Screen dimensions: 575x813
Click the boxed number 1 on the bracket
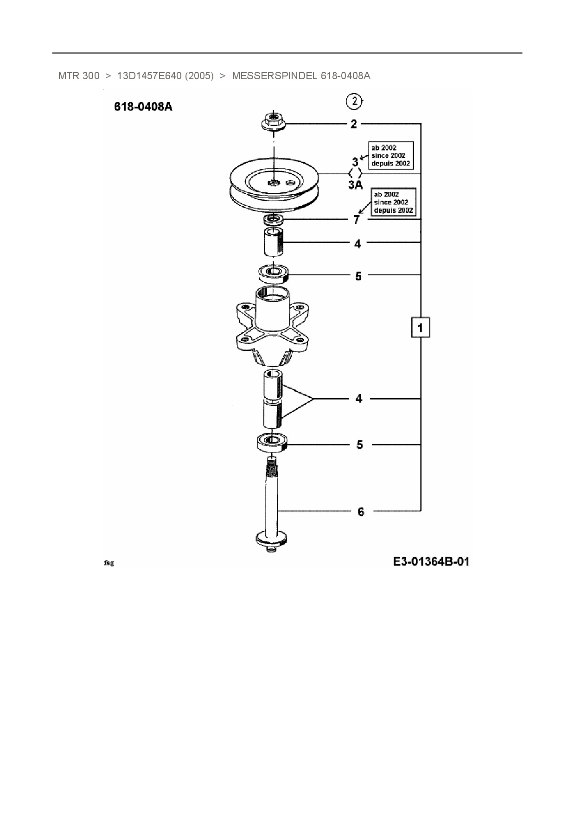click(420, 328)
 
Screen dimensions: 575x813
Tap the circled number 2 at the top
click(354, 102)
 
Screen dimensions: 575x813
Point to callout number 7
click(356, 220)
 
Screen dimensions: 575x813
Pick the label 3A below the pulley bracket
click(355, 185)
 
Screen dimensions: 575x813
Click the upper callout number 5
click(358, 276)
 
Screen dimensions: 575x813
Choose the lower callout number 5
click(359, 445)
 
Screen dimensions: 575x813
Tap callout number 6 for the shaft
click(360, 512)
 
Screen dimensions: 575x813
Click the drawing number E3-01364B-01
click(431, 562)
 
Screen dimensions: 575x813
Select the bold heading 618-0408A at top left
click(143, 107)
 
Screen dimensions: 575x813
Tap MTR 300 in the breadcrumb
click(78, 76)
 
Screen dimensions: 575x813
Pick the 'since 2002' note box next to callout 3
click(390, 155)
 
